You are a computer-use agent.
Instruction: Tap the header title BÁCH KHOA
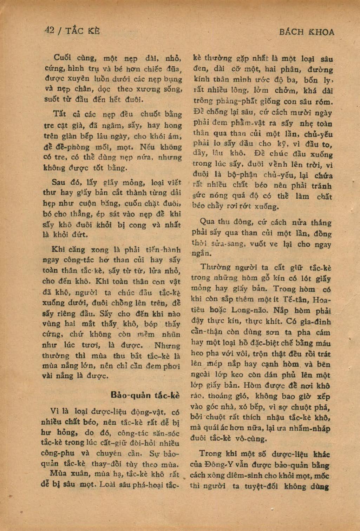click(307, 32)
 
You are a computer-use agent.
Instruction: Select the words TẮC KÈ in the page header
click(84, 31)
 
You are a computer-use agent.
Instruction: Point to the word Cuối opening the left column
click(61, 58)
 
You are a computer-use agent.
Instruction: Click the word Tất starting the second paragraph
click(59, 114)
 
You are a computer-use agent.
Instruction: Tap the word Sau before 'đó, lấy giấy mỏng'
click(58, 182)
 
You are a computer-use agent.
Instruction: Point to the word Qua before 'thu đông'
click(207, 222)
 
